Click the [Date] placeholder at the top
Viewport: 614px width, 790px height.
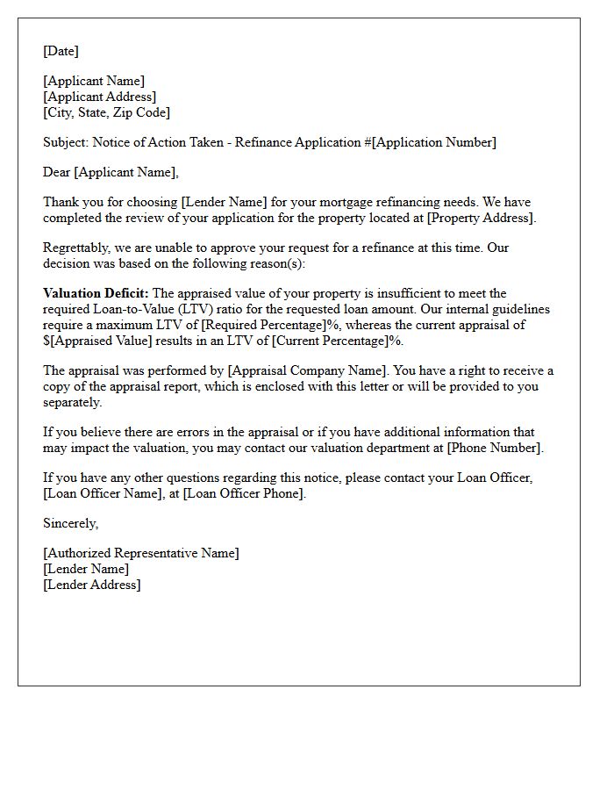click(61, 51)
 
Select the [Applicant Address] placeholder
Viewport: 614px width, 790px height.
click(99, 97)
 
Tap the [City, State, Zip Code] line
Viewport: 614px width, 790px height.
click(106, 112)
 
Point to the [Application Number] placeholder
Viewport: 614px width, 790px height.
click(434, 142)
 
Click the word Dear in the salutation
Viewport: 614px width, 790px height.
click(56, 172)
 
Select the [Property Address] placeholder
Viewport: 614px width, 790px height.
click(480, 218)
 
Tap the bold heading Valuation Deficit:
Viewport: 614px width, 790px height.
click(96, 293)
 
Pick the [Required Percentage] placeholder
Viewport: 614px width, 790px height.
click(264, 325)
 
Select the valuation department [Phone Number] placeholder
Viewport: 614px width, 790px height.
click(494, 448)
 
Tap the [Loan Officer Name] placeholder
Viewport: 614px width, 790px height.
click(100, 493)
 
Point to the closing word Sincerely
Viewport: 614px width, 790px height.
click(70, 523)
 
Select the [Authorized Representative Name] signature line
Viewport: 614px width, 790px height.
click(140, 553)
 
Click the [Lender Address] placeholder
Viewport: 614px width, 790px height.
click(91, 585)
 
